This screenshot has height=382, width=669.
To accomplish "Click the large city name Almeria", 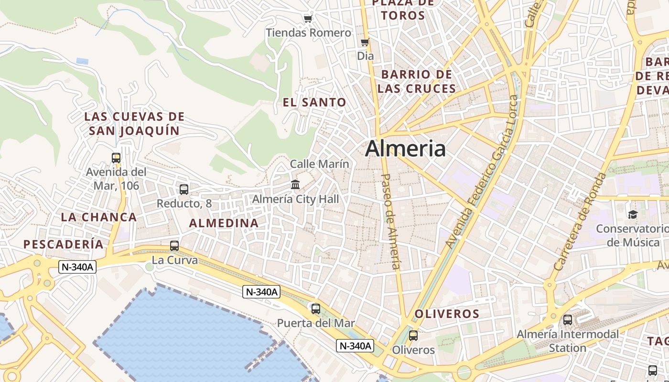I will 405,149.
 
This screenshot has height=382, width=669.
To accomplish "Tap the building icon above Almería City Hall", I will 295,184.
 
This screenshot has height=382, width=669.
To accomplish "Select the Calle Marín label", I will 320,164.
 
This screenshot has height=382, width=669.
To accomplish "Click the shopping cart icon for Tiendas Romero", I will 308,19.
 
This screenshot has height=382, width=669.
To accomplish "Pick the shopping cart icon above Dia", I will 365,42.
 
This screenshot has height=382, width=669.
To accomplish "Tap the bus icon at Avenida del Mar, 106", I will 116,158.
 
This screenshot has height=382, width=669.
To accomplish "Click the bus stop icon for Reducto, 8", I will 184,189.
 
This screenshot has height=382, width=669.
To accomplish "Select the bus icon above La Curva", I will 174,246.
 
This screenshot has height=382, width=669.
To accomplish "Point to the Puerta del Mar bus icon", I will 316,308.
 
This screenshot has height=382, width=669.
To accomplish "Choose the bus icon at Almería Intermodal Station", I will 568,320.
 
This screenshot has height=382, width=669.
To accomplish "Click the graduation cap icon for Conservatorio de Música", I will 633,214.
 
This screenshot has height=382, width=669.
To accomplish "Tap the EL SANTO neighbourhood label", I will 314,102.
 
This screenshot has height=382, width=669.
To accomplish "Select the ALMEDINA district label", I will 224,223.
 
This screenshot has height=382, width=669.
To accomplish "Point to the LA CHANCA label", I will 99,217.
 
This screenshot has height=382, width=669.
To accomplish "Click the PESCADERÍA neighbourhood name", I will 64,244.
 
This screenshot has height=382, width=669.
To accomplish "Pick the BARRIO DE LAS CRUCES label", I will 416,82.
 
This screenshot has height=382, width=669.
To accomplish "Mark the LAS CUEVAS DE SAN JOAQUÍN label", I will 134,124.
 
